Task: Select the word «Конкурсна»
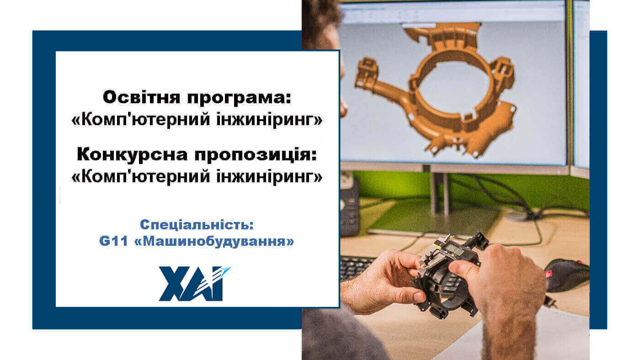(x=133, y=155)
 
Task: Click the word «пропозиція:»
(x=254, y=155)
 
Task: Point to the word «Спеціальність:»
(x=197, y=225)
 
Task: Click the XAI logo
(x=194, y=283)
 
